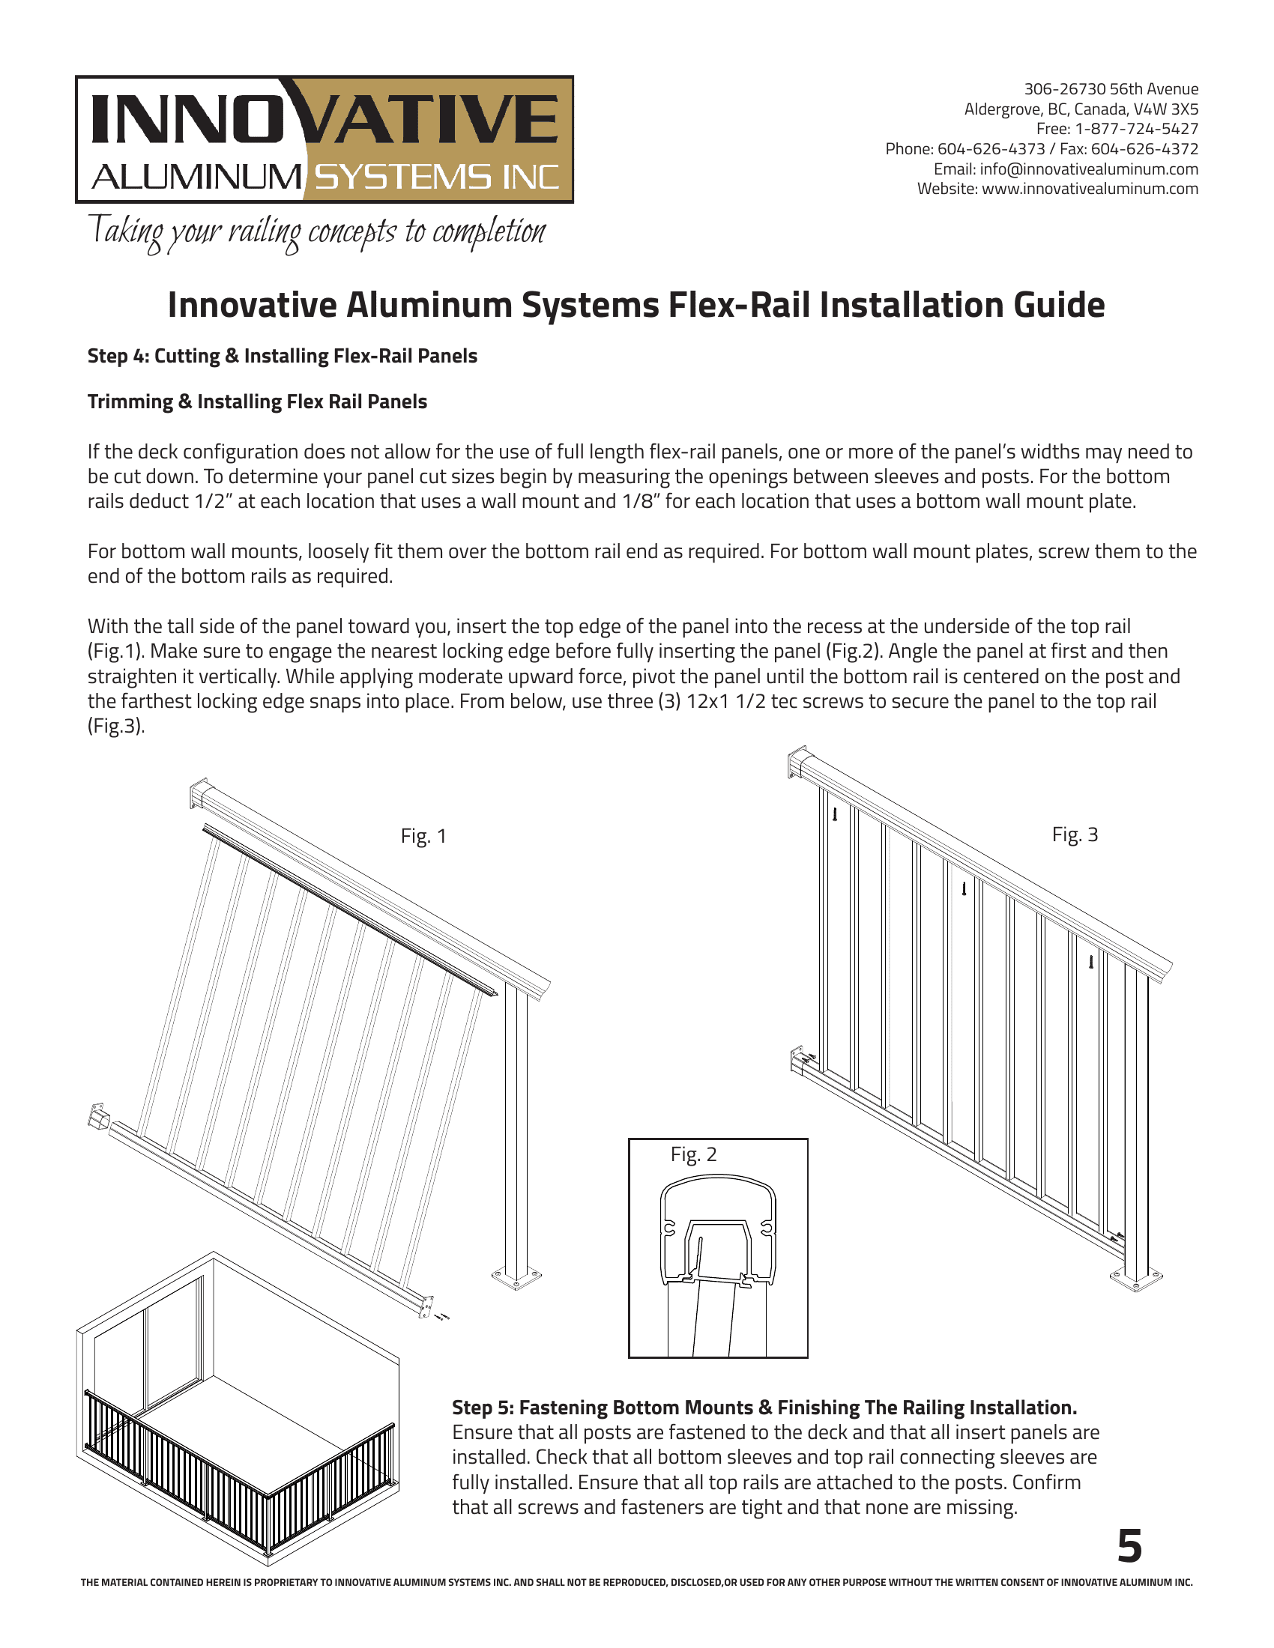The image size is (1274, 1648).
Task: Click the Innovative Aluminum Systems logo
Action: click(x=324, y=139)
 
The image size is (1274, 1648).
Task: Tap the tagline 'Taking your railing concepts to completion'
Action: click(x=317, y=231)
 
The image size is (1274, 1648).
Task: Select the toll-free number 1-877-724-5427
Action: click(x=1136, y=129)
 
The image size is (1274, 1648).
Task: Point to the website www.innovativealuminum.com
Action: click(x=1089, y=189)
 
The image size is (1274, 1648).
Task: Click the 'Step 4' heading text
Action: click(x=282, y=355)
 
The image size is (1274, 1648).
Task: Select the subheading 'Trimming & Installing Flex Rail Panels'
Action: click(x=256, y=402)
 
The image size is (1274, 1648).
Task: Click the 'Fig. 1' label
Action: click(x=423, y=836)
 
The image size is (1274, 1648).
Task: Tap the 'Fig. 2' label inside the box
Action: click(x=693, y=1154)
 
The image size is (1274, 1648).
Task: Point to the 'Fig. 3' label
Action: click(x=1075, y=834)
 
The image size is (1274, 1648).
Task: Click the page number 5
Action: click(x=1130, y=1547)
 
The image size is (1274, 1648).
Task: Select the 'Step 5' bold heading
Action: click(x=764, y=1408)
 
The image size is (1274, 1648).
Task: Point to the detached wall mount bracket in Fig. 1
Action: click(x=98, y=1116)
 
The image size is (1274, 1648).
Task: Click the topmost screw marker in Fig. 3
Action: click(x=835, y=814)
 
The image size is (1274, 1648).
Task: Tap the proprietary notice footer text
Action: click(x=636, y=1582)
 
